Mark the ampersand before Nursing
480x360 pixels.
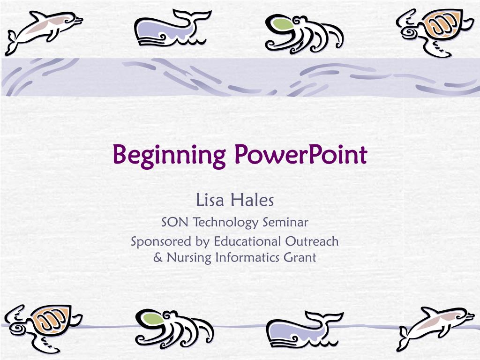point(158,257)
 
